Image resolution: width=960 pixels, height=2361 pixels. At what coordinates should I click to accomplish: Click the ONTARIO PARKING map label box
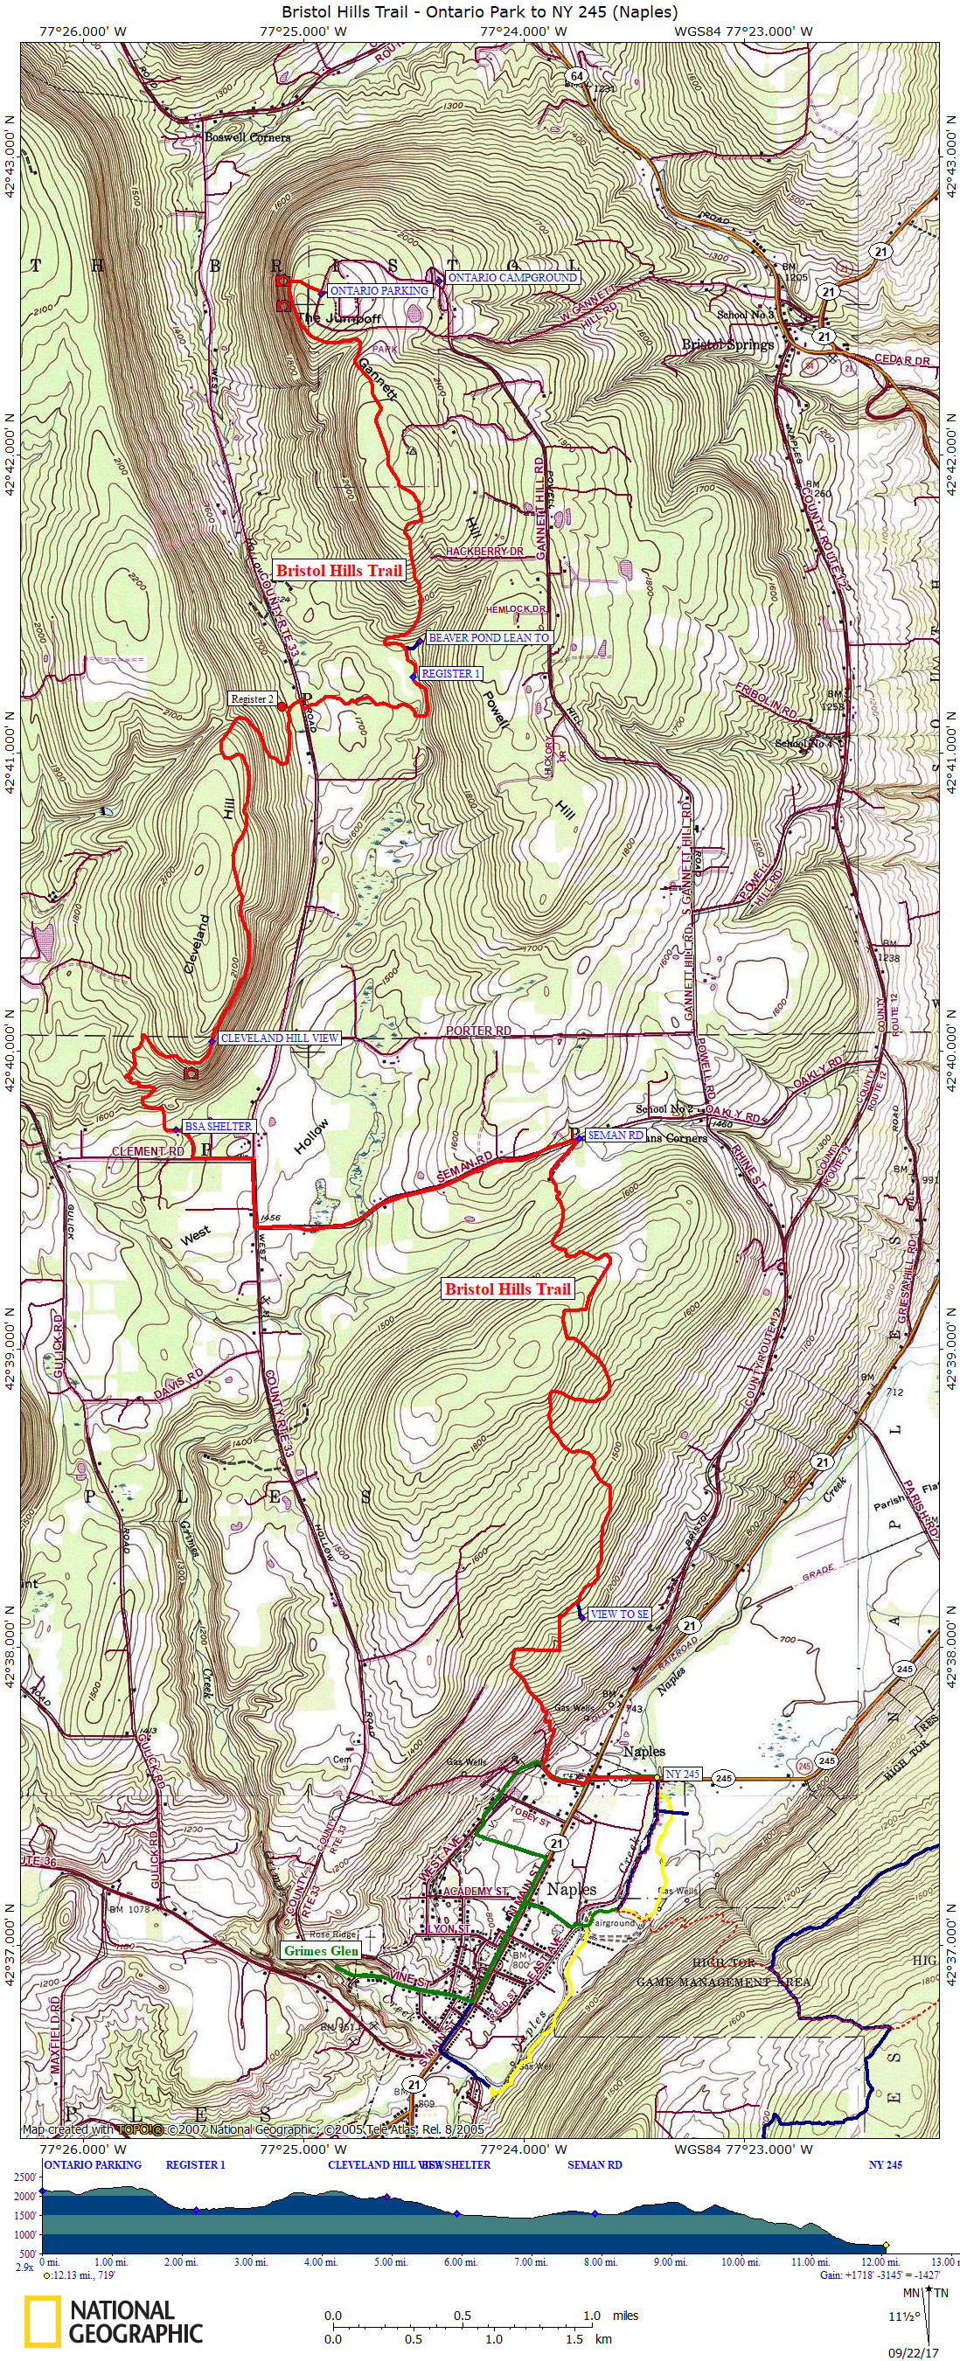point(379,290)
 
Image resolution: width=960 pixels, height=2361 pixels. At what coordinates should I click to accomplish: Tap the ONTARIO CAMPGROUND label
point(512,278)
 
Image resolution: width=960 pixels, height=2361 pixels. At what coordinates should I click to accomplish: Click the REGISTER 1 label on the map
point(451,674)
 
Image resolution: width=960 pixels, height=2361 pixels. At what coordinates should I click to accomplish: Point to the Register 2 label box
point(252,699)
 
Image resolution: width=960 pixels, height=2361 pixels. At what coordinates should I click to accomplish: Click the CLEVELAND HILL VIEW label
point(280,1038)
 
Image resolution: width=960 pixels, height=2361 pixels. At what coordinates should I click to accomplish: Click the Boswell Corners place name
point(247,137)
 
